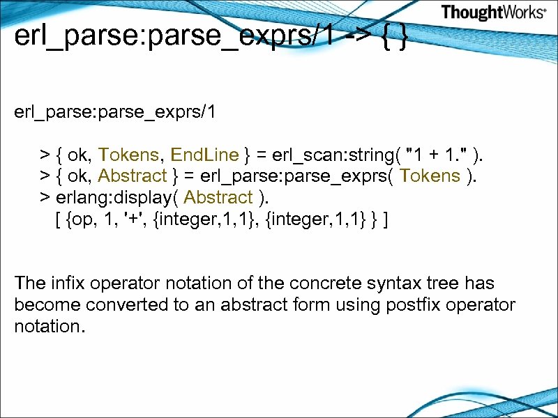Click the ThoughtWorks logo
492,13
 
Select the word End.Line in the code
204,154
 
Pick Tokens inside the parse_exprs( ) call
431,176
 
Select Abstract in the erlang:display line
218,198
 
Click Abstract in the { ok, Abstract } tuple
133,176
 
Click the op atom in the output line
82,220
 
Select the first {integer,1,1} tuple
193,220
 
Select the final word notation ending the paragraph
49,327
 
